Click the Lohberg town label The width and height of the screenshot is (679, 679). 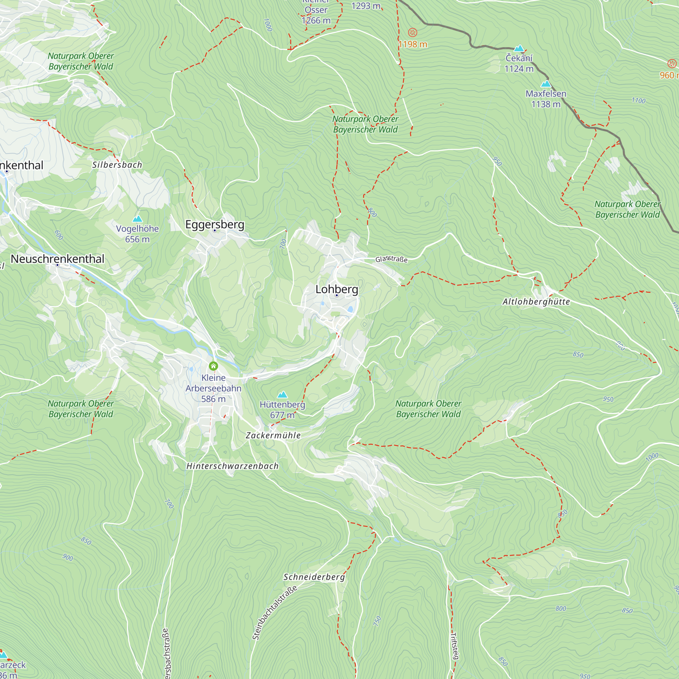pyautogui.click(x=337, y=289)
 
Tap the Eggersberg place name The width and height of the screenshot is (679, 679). pyautogui.click(x=215, y=224)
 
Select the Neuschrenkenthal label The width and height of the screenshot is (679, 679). pyautogui.click(x=57, y=259)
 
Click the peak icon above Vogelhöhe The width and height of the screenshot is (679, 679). pyautogui.click(x=137, y=219)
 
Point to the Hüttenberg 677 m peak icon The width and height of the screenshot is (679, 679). pyautogui.click(x=282, y=395)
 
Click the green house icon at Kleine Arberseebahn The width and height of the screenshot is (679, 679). pyautogui.click(x=213, y=366)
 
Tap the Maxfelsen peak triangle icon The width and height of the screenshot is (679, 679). pyautogui.click(x=546, y=84)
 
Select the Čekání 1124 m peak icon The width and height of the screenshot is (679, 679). pyautogui.click(x=519, y=48)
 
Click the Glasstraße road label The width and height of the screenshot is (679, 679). pyautogui.click(x=391, y=259)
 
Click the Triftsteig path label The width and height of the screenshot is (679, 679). pyautogui.click(x=455, y=646)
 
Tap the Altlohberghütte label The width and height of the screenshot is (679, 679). pyautogui.click(x=536, y=301)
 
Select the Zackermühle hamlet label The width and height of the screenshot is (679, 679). pyautogui.click(x=273, y=436)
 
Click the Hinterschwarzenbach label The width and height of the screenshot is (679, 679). pyautogui.click(x=232, y=466)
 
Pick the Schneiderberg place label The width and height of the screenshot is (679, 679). pyautogui.click(x=314, y=577)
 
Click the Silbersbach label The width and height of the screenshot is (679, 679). pyautogui.click(x=117, y=165)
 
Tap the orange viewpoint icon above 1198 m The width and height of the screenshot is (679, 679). pyautogui.click(x=412, y=33)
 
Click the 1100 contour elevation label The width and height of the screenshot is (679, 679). pyautogui.click(x=638, y=100)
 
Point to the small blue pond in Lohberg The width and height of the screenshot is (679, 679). pyautogui.click(x=350, y=309)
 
